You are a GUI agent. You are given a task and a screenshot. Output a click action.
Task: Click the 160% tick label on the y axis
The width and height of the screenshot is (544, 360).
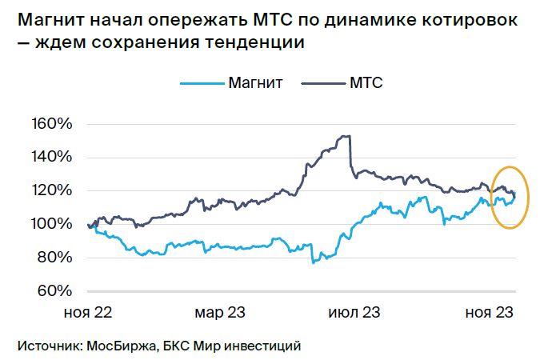point(52,124)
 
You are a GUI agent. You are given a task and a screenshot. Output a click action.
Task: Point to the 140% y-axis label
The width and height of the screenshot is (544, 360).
point(52,157)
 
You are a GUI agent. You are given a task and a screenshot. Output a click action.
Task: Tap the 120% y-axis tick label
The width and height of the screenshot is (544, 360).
point(52,190)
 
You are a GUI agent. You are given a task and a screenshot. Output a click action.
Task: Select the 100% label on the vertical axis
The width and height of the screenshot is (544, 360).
point(52,224)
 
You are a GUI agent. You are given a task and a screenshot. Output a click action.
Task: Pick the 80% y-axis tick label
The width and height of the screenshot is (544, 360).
point(55,258)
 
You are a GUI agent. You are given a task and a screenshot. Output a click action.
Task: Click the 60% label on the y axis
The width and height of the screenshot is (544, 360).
point(55,290)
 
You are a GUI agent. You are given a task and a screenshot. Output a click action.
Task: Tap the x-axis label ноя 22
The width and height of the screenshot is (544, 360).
point(88,313)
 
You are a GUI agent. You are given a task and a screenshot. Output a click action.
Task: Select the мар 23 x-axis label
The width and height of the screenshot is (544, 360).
point(220,313)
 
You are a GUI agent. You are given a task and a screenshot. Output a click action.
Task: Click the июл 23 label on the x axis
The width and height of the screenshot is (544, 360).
point(354,313)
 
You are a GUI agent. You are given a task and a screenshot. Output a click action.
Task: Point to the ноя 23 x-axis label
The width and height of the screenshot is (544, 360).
point(489,313)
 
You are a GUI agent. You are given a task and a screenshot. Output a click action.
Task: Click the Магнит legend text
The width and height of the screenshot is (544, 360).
point(255,83)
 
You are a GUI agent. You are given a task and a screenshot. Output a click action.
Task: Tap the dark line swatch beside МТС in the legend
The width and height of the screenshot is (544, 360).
point(323,83)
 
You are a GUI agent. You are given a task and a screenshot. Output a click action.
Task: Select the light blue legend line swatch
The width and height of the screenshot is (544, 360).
point(202,83)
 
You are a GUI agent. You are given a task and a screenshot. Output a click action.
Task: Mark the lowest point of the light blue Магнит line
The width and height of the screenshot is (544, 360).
point(314,263)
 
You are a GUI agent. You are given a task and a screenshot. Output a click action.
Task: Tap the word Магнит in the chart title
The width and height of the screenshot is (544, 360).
point(50,20)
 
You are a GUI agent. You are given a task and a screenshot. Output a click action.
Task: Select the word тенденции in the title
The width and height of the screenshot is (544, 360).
point(254,42)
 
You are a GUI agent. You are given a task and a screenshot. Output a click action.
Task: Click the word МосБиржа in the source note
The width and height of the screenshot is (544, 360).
point(121,346)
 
